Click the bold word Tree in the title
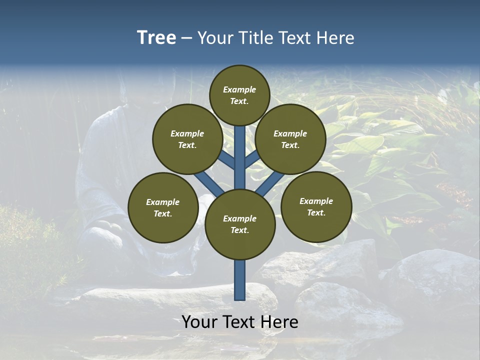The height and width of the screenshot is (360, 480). click(156, 38)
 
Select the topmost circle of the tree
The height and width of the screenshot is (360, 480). click(239, 95)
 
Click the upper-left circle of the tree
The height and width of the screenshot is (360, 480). click(187, 139)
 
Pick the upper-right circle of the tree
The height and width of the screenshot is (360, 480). click(290, 139)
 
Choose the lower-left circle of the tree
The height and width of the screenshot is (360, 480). click(163, 207)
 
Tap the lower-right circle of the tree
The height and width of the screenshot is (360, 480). click(316, 206)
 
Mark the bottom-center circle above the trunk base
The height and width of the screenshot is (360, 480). click(240, 224)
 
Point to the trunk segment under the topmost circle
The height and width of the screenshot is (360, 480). click(240, 155)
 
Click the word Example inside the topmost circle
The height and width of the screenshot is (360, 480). click(239, 90)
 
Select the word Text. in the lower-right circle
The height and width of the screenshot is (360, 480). click(316, 212)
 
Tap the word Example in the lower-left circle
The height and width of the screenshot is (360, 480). click(163, 202)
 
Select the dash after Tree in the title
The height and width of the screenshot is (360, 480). click(186, 38)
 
